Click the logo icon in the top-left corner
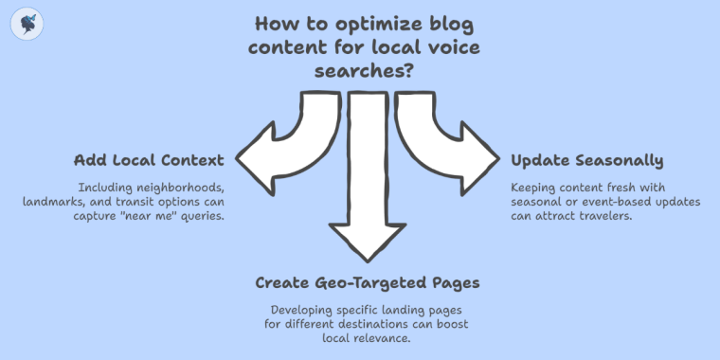point(25,26)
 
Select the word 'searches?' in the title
point(359,70)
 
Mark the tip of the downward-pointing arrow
point(364,260)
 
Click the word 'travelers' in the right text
point(605,217)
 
